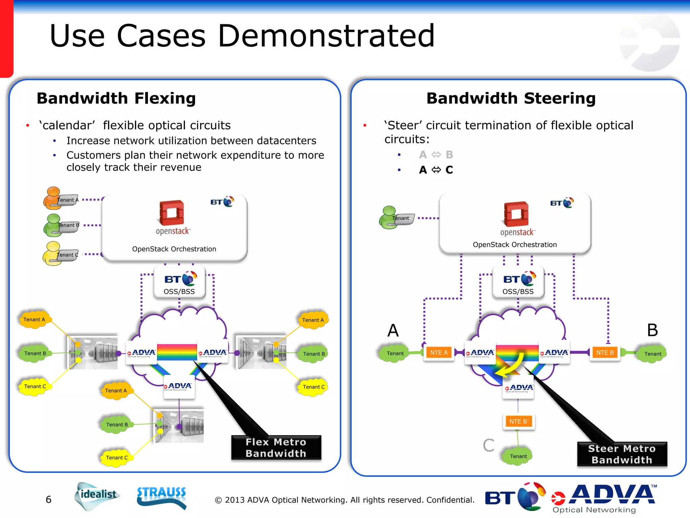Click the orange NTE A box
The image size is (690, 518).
(x=439, y=353)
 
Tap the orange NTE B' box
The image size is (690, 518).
(x=519, y=421)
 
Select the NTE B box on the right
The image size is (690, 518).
(x=605, y=353)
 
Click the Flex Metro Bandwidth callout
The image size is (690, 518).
(x=276, y=448)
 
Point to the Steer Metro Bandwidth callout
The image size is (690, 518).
(x=622, y=454)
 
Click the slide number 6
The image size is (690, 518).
(x=49, y=499)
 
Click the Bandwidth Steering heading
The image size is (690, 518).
(x=511, y=98)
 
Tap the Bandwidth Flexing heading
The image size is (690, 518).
(x=116, y=98)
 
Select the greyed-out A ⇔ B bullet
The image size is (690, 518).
(x=436, y=155)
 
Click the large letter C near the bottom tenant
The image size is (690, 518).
(x=488, y=445)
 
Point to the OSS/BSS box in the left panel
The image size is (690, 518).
(x=179, y=283)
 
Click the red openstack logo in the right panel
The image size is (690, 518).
(x=516, y=214)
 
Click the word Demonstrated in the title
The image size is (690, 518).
(x=326, y=36)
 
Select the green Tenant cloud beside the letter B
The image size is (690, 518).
(x=652, y=354)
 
